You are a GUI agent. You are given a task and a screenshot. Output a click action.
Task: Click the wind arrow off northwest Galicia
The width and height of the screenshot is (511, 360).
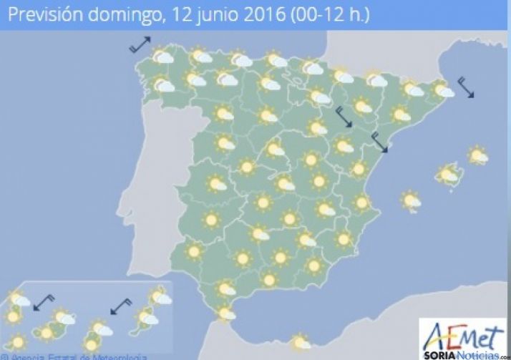[140, 44]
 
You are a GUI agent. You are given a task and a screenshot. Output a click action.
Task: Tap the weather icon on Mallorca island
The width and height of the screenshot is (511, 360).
[449, 174]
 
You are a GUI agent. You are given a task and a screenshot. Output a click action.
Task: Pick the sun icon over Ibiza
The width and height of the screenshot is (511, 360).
[411, 200]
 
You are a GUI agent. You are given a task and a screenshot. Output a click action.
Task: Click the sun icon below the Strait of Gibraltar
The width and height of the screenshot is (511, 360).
[301, 343]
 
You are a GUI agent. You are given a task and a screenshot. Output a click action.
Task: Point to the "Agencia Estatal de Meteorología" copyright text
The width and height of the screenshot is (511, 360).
[75, 356]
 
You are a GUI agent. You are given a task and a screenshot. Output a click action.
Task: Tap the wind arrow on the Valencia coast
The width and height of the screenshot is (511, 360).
[379, 142]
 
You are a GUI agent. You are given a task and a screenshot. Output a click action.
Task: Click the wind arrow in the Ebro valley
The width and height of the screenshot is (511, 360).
[344, 117]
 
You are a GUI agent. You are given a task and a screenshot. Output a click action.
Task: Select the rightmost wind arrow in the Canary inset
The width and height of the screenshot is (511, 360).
[121, 306]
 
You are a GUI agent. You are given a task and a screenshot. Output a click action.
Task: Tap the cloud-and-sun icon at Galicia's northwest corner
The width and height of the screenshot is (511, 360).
[163, 57]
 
